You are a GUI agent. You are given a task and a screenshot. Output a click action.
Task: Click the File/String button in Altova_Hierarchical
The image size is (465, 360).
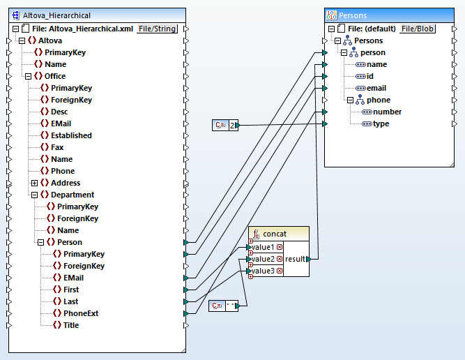[157, 29]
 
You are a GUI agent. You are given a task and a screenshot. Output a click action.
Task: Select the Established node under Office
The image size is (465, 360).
[71, 135]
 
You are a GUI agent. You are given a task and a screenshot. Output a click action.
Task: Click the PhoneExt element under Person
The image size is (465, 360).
[80, 313]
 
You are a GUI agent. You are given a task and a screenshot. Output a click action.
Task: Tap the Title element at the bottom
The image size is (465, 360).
[71, 325]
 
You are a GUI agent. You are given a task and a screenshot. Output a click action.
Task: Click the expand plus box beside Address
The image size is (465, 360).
[33, 183]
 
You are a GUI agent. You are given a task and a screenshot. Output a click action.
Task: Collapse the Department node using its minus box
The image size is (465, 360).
[33, 195]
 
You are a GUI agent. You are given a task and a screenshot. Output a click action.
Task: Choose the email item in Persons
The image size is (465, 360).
[376, 88]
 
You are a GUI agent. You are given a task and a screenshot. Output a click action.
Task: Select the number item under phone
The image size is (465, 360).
[386, 112]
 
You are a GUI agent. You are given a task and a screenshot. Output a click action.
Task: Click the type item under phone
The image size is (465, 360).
[381, 123]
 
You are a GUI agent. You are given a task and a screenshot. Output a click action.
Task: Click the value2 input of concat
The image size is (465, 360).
[262, 259]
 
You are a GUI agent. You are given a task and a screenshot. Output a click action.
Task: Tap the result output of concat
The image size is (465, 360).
[295, 259]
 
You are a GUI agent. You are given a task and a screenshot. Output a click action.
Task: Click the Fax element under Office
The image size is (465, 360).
[57, 147]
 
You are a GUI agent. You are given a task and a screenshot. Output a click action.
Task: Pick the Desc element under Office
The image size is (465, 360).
[59, 112]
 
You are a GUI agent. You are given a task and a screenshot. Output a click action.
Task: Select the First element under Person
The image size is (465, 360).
[71, 290]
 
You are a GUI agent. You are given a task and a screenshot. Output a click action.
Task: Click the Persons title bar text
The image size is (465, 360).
[353, 15]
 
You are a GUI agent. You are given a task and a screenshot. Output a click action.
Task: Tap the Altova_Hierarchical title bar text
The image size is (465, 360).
[56, 15]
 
